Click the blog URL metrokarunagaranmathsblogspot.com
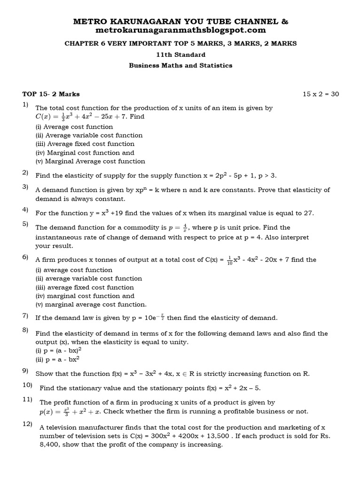coord(180,31)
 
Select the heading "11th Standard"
coord(180,54)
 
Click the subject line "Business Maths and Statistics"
coord(180,65)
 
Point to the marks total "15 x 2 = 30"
coord(321,94)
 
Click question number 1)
coord(25,104)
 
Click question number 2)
coord(25,172)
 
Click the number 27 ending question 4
coord(308,213)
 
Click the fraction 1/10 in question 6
coord(229,260)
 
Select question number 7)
coord(25,315)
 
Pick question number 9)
coord(25,371)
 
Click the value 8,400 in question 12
coord(50,444)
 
